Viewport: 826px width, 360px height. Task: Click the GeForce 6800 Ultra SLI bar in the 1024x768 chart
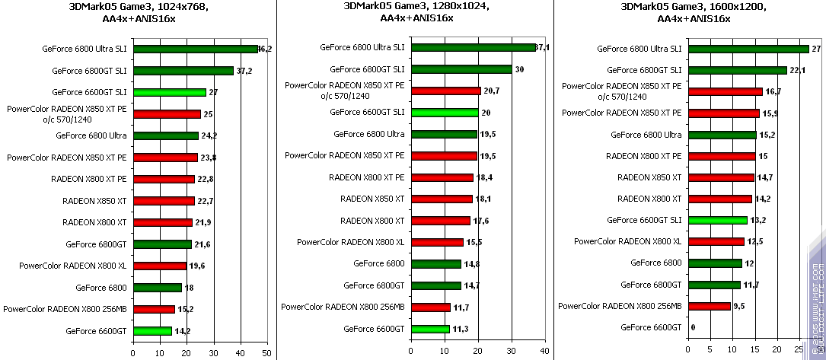coord(196,49)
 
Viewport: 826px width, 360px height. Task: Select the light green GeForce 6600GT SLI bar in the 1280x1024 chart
coord(445,113)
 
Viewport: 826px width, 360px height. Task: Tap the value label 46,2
coord(265,49)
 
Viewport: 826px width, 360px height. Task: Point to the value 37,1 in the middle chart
coord(542,47)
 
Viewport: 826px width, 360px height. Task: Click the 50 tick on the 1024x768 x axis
coord(266,352)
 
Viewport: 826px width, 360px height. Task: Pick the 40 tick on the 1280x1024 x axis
coord(544,352)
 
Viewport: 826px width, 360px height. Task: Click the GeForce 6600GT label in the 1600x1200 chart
coord(651,327)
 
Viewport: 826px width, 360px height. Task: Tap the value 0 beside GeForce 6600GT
coord(692,327)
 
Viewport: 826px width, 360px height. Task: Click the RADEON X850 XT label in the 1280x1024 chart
coord(372,199)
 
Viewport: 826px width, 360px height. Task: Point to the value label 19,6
coord(197,266)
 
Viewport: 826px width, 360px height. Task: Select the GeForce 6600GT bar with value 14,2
coord(152,331)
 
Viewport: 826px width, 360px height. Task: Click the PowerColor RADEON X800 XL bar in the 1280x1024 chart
coord(436,242)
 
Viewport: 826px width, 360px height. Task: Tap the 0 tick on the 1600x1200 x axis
coord(687,352)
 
